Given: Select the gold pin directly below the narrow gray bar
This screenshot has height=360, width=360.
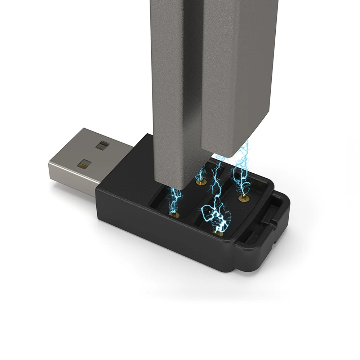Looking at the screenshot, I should pyautogui.click(x=174, y=215).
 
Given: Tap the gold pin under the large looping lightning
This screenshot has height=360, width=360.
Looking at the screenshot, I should pyautogui.click(x=219, y=232).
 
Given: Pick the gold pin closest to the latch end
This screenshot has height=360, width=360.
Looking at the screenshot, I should pyautogui.click(x=244, y=197).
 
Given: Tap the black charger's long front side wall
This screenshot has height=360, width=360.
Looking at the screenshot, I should pyautogui.click(x=162, y=238).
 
